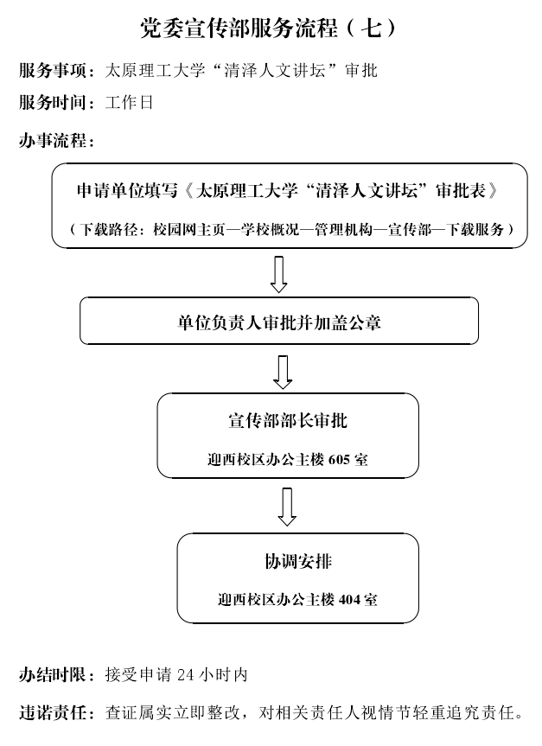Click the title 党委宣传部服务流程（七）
click(x=269, y=28)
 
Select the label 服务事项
click(x=53, y=70)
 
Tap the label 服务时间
click(x=53, y=102)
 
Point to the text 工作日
click(x=129, y=102)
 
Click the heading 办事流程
click(x=53, y=140)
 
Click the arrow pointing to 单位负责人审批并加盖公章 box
click(x=279, y=275)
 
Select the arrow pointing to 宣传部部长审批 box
click(x=283, y=372)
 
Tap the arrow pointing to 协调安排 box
click(x=287, y=507)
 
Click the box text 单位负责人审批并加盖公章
click(x=279, y=323)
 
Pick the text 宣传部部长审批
click(x=288, y=421)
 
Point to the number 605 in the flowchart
click(x=339, y=460)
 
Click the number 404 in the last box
click(x=350, y=599)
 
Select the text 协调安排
click(x=298, y=561)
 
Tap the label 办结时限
click(x=53, y=674)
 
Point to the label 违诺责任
click(x=53, y=712)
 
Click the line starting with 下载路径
click(x=291, y=229)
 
